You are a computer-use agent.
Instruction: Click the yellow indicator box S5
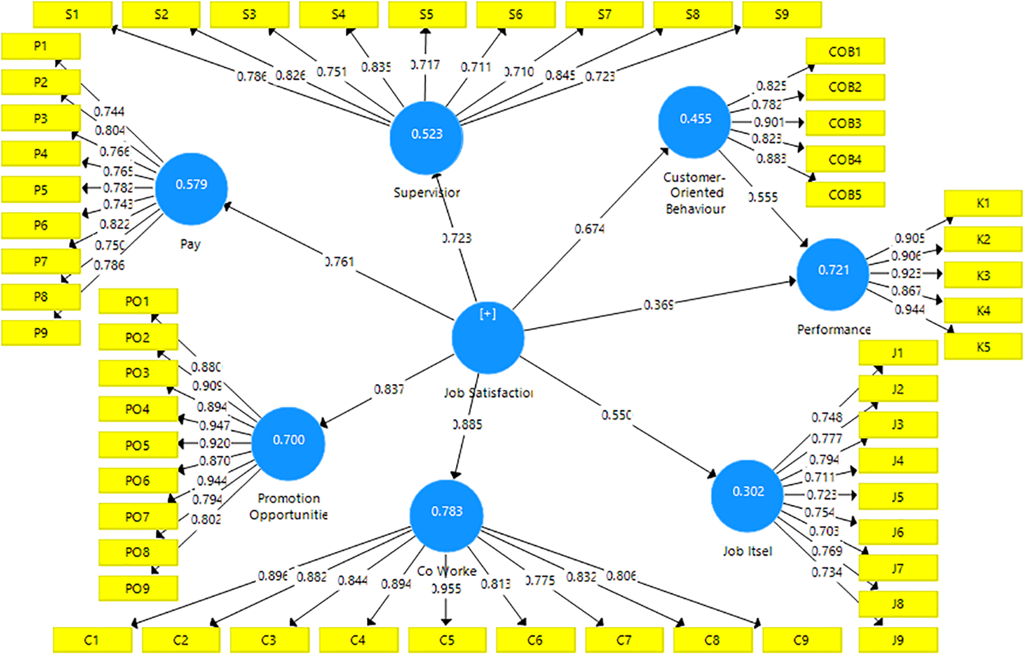coord(427,15)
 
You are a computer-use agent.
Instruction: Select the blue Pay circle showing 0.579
coord(192,188)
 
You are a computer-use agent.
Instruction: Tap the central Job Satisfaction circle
coord(488,338)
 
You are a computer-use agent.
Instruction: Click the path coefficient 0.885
coord(467,424)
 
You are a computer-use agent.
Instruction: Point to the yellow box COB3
coord(845,123)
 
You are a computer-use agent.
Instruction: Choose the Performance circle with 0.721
coord(832,274)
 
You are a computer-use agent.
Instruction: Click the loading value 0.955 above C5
coord(446,589)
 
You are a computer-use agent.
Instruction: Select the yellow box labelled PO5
coord(138,445)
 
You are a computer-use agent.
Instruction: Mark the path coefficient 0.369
coord(658,305)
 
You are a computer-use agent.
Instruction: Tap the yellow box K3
coord(983,276)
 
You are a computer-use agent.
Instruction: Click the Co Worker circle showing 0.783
coord(446,515)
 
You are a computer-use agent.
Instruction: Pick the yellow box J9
coord(897,640)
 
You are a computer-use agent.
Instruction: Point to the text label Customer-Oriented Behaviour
coord(695,193)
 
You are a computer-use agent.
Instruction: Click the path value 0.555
coord(764,197)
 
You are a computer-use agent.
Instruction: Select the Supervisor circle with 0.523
coord(426,138)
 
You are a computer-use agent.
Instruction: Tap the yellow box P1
coord(40,46)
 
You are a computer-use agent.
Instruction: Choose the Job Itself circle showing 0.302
coord(747,495)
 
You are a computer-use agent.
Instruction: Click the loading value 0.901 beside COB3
coord(768,122)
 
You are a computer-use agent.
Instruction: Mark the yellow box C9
coord(801,640)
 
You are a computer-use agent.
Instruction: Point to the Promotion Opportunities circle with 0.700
coord(288,444)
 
